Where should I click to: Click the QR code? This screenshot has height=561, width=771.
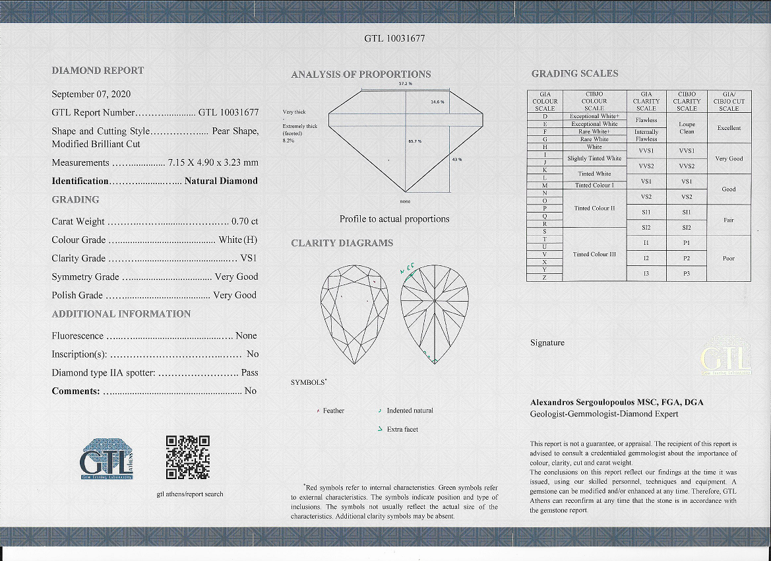tap(188, 457)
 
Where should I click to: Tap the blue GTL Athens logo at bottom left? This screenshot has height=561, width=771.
tap(106, 458)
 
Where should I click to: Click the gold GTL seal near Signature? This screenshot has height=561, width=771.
tap(725, 357)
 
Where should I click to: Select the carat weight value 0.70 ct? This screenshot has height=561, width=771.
tap(245, 222)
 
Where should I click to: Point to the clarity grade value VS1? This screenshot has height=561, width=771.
tap(249, 259)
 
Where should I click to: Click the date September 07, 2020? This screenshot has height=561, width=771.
tap(91, 94)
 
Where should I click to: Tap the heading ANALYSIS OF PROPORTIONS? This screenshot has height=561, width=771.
tap(361, 75)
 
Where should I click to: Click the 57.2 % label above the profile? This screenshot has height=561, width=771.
tap(405, 84)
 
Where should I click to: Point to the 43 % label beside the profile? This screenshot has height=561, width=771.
tap(456, 160)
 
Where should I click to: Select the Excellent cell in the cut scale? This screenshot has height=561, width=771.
tap(729, 128)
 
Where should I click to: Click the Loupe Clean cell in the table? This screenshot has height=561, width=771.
tap(687, 127)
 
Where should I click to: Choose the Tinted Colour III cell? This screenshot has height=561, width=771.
tap(594, 254)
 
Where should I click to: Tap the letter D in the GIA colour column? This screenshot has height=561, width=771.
tap(545, 116)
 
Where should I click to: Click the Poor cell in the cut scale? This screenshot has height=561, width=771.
tap(729, 258)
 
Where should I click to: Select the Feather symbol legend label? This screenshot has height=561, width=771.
tap(334, 411)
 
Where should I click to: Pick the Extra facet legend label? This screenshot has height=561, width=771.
tap(402, 430)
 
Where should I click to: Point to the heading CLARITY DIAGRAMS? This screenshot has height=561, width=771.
tap(342, 244)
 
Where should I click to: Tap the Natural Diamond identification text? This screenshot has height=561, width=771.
tap(221, 181)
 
